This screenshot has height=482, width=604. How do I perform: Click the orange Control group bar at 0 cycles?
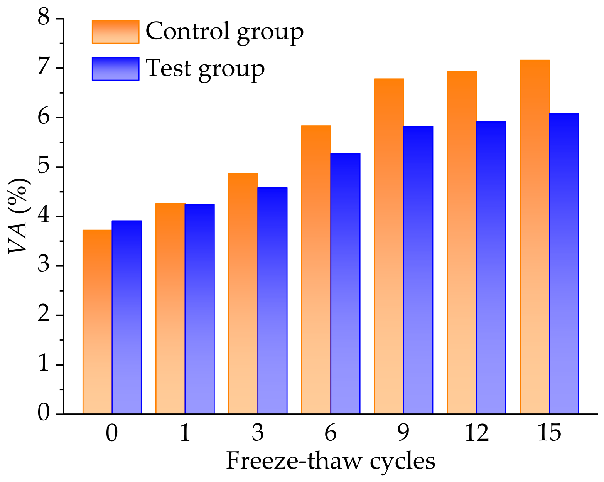click(97, 322)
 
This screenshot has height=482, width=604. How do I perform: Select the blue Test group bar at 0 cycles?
click(127, 317)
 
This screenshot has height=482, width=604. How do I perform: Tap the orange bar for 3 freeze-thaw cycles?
click(243, 293)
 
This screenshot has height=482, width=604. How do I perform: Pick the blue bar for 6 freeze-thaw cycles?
click(345, 283)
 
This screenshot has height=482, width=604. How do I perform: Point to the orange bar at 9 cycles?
click(389, 246)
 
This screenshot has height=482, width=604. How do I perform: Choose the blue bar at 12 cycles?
click(491, 268)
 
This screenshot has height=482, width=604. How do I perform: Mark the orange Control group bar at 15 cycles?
click(535, 237)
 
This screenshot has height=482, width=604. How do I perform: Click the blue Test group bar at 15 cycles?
click(564, 264)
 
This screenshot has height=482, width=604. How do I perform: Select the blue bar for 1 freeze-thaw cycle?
click(199, 309)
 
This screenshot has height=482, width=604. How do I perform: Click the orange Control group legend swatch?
click(115, 32)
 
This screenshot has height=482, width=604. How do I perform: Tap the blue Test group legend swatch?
click(115, 69)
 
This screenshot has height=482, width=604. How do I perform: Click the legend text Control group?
click(224, 32)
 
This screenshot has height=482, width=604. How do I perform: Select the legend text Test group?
click(205, 69)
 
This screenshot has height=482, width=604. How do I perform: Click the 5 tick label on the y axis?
click(45, 167)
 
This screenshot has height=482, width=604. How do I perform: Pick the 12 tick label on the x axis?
click(476, 433)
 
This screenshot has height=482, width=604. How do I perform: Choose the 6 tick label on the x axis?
click(331, 433)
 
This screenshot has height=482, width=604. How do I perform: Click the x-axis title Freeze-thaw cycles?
click(331, 461)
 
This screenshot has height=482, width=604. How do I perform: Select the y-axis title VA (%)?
click(19, 216)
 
